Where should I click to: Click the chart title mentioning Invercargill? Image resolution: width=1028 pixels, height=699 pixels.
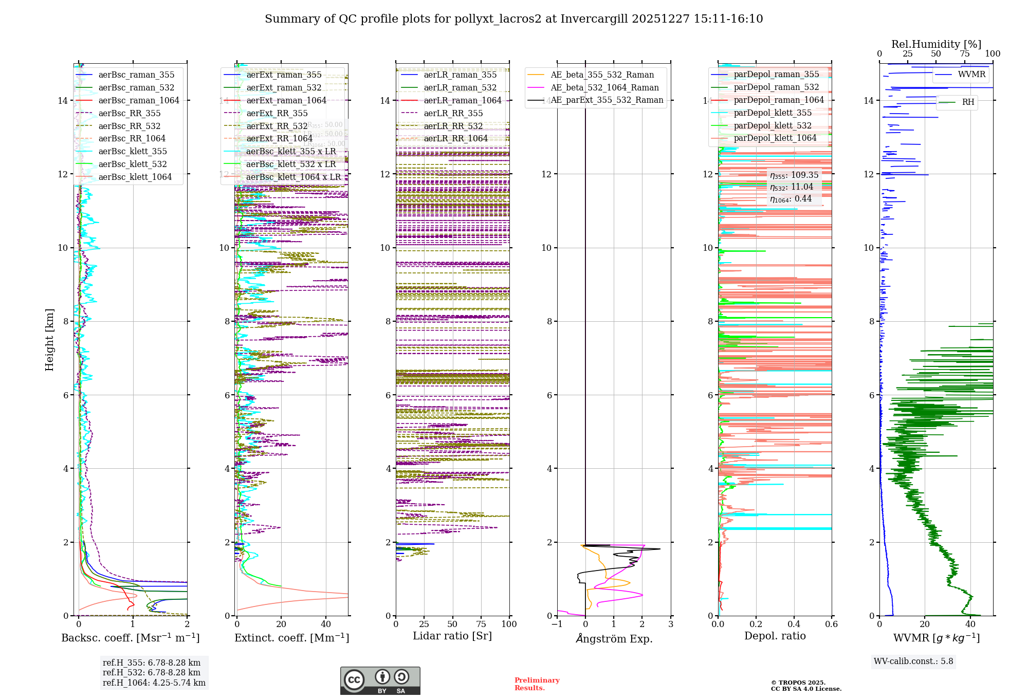(513, 19)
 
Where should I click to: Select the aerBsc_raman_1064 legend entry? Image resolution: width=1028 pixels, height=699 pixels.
(139, 100)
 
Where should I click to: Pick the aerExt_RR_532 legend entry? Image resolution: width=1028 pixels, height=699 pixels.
(277, 126)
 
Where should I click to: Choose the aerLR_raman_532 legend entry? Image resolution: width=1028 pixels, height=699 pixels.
(460, 87)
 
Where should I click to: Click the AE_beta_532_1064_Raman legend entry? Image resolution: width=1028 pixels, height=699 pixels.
(604, 87)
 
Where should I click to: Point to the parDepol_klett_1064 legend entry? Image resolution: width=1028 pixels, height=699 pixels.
(775, 138)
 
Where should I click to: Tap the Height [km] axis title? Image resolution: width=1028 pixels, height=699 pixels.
(49, 339)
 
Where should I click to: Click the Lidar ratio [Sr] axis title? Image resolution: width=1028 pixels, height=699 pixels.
(452, 636)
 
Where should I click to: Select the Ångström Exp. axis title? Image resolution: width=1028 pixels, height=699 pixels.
(614, 638)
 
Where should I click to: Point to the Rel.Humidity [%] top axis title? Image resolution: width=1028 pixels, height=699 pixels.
(936, 44)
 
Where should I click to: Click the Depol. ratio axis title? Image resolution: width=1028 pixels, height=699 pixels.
(775, 636)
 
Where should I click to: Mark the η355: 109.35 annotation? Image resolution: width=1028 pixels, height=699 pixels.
(794, 175)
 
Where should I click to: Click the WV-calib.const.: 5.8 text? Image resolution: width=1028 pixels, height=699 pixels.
(913, 661)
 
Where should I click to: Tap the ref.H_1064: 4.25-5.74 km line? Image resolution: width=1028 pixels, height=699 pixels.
(154, 683)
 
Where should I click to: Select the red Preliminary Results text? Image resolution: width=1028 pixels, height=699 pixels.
(537, 684)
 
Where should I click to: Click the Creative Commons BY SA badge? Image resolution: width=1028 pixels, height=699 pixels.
(380, 681)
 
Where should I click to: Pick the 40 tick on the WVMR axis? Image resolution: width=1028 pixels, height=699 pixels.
(970, 624)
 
